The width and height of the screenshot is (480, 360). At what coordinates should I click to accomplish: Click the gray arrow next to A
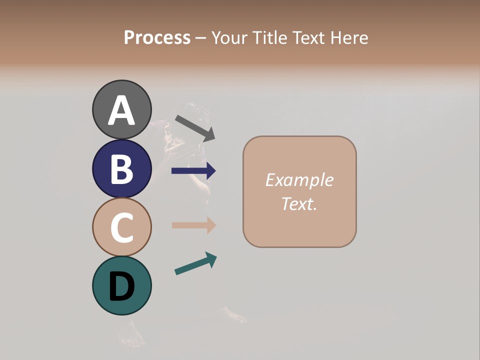click(x=195, y=127)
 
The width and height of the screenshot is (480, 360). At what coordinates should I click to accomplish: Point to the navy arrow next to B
click(x=193, y=171)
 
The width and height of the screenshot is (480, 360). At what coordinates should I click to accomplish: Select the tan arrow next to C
click(x=193, y=225)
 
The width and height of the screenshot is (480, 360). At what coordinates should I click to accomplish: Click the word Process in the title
click(x=157, y=37)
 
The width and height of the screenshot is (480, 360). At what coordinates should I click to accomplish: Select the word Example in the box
click(x=299, y=180)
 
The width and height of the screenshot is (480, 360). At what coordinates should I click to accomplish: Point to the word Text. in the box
click(x=299, y=203)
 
